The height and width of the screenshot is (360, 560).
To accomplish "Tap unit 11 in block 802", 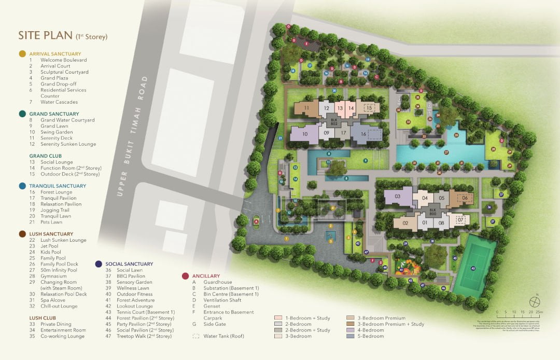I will pos(307,108).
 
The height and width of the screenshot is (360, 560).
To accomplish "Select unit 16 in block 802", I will pos(363,134).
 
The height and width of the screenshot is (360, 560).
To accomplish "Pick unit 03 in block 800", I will pos(398,197).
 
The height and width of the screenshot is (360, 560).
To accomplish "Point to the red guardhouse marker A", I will pos(256,221).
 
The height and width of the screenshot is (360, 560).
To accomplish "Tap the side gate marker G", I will pos(288,25).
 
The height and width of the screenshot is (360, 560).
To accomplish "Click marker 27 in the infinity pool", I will pos(446,153).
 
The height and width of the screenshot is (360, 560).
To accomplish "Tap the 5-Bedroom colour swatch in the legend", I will pos(350,336).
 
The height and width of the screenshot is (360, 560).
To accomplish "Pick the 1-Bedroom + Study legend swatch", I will pos(278,317).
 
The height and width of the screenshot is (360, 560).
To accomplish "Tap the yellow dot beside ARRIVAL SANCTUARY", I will pos(22,53).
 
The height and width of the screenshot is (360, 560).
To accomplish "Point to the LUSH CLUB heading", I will pos(43,318).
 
